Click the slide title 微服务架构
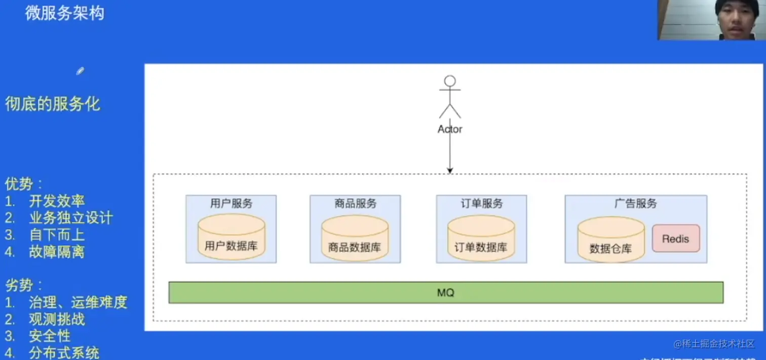[x=64, y=13]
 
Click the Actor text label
[x=450, y=129]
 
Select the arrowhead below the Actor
[x=450, y=171]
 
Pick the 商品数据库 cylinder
[x=355, y=238]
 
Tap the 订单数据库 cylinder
[x=481, y=238]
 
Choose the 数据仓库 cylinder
[x=611, y=240]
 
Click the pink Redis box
[x=675, y=238]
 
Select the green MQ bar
[x=446, y=293]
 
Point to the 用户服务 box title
[x=231, y=204]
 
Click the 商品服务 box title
[x=355, y=204]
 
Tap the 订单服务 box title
[x=481, y=204]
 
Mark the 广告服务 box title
[x=635, y=204]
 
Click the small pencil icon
[x=80, y=71]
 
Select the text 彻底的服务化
[x=53, y=104]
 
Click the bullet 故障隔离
[x=57, y=252]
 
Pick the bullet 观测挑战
[x=57, y=319]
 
